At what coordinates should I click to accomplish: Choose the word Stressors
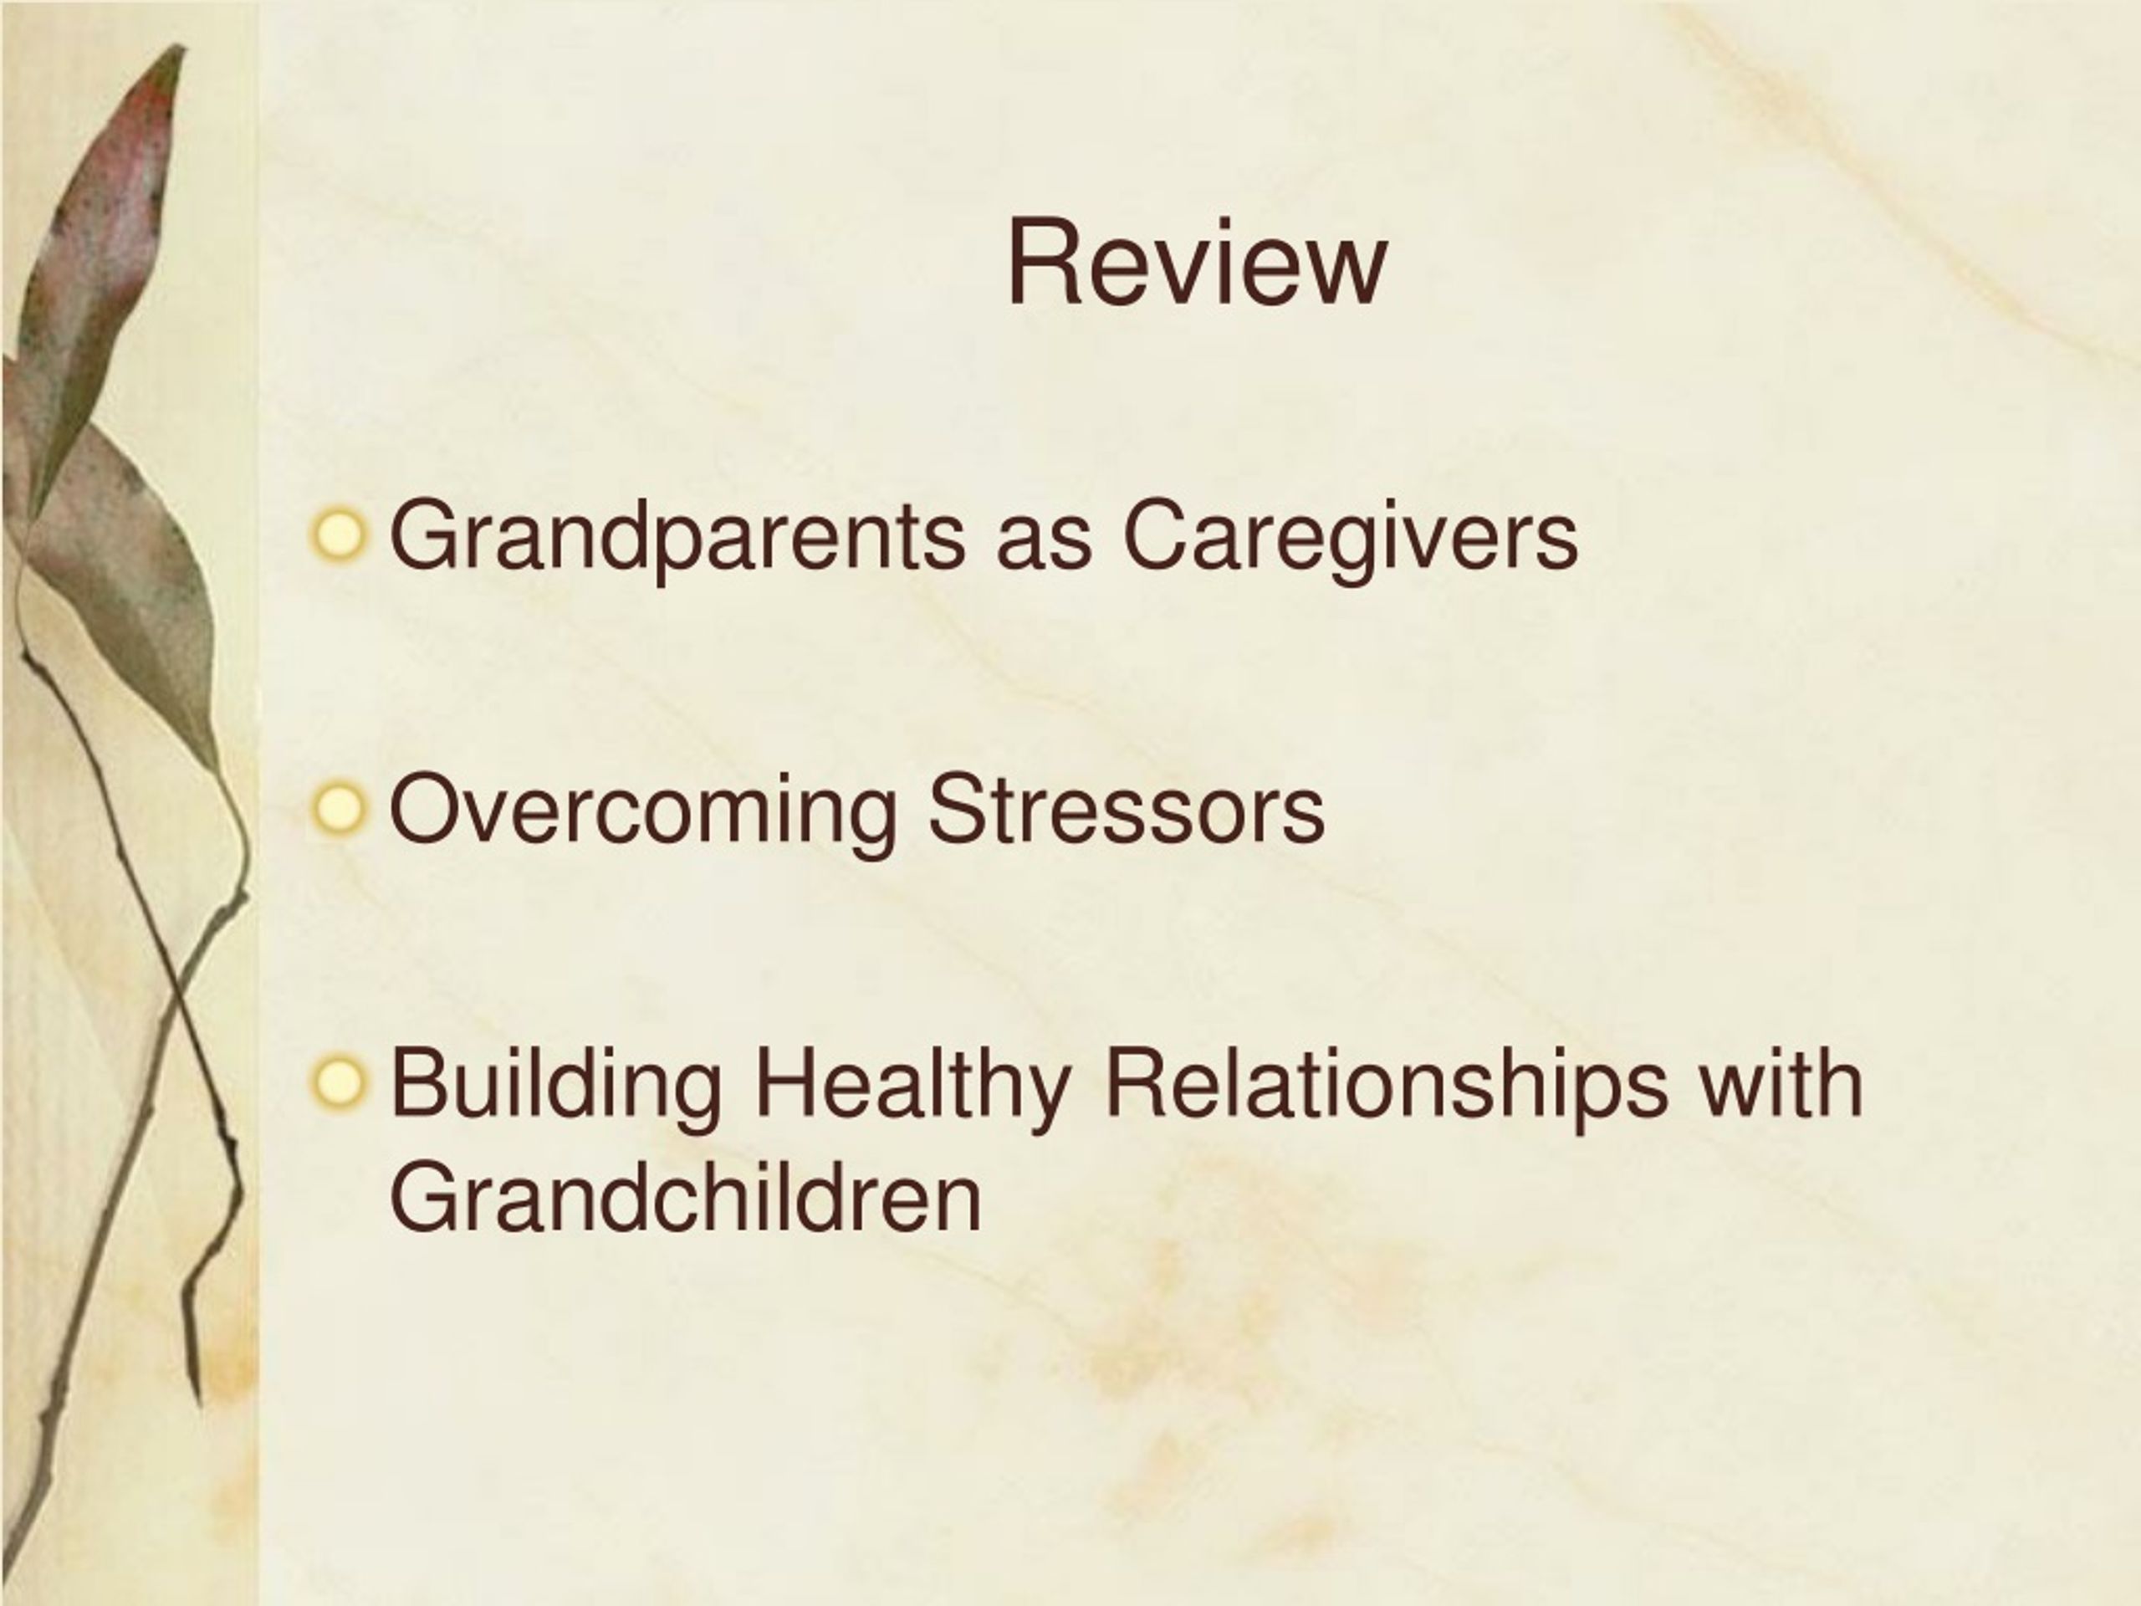click(x=1126, y=811)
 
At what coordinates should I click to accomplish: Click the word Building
click(x=555, y=1087)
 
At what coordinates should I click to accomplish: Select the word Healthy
click(x=912, y=1087)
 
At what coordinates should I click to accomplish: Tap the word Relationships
click(x=1386, y=1087)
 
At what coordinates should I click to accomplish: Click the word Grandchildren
click(x=685, y=1199)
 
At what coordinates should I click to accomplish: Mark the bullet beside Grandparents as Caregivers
click(x=340, y=535)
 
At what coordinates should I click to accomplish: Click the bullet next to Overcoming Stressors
click(x=340, y=810)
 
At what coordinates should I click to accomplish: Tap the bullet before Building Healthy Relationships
click(x=340, y=1083)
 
